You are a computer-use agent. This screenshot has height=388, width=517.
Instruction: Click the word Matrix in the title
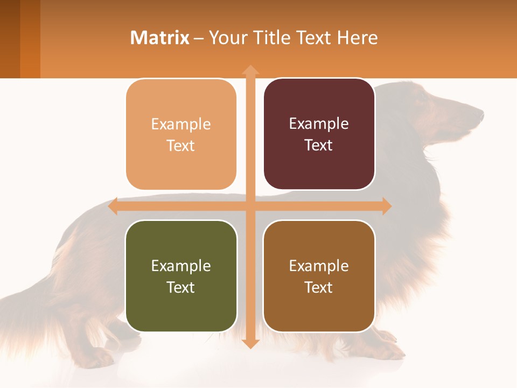[x=160, y=38]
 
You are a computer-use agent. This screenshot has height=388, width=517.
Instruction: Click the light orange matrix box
[x=181, y=134]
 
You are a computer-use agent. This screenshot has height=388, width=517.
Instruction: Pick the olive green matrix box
[x=181, y=276]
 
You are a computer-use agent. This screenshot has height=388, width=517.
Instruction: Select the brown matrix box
[x=319, y=276]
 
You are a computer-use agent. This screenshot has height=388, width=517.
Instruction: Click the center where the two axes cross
[x=250, y=206]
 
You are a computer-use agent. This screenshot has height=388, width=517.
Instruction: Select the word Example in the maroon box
[x=319, y=123]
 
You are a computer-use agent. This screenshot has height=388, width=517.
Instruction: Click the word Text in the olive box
[x=181, y=287]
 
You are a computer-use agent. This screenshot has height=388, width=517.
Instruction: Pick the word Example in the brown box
[x=319, y=266]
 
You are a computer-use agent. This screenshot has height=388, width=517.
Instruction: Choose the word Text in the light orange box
[x=181, y=145]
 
